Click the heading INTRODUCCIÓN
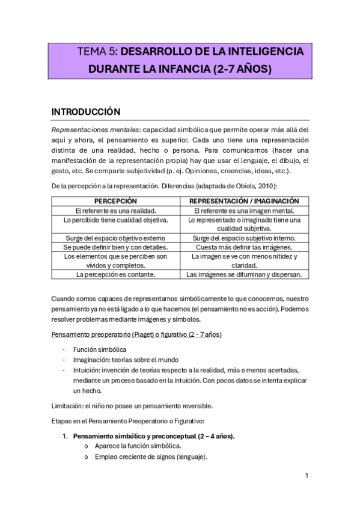click(86, 112)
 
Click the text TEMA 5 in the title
click(95, 52)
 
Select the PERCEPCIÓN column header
click(115, 201)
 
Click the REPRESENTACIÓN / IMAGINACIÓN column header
click(244, 201)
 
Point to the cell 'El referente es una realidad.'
click(115, 210)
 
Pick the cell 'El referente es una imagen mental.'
click(244, 210)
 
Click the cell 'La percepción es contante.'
click(115, 274)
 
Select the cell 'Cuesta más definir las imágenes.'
click(244, 247)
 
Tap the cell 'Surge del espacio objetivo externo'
click(115, 238)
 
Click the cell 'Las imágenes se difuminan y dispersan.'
click(244, 274)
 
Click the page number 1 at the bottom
click(307, 476)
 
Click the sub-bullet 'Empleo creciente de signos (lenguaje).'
click(151, 457)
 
